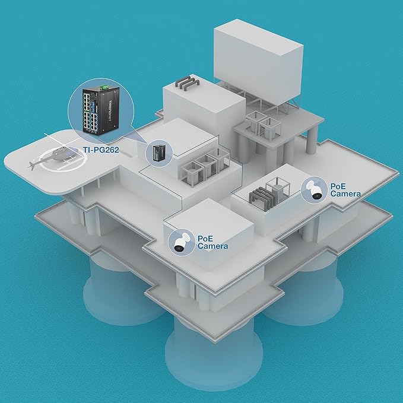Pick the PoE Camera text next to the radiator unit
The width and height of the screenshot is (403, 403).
tap(345, 189)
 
